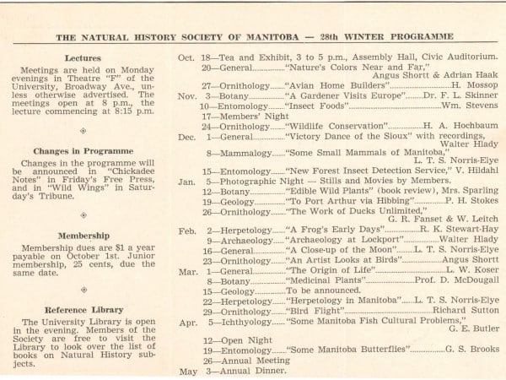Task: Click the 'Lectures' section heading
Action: pos(83,58)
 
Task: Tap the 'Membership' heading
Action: pos(83,236)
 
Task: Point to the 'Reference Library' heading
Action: pos(83,310)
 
